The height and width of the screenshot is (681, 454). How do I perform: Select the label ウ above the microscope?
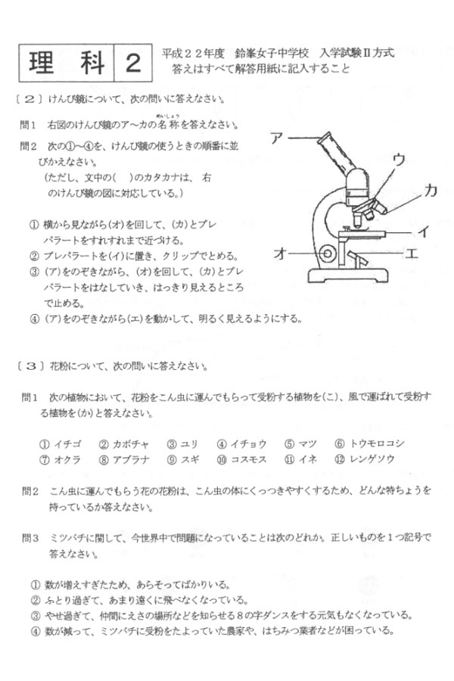[399, 159]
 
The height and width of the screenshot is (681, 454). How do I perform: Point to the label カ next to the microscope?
[430, 191]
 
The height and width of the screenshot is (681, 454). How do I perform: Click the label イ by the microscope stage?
[424, 232]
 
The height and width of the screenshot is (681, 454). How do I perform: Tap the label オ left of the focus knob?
[279, 255]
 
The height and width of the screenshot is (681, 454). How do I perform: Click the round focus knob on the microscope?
[328, 252]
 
